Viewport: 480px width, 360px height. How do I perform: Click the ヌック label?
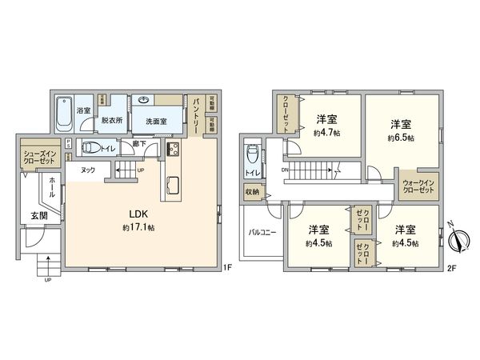tap(88, 170)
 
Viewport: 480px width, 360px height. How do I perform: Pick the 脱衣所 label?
tap(111, 121)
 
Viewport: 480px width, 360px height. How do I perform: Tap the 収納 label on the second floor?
tap(252, 191)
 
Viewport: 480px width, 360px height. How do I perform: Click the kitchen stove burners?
tap(172, 149)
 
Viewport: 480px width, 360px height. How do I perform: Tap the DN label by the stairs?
tap(286, 170)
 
